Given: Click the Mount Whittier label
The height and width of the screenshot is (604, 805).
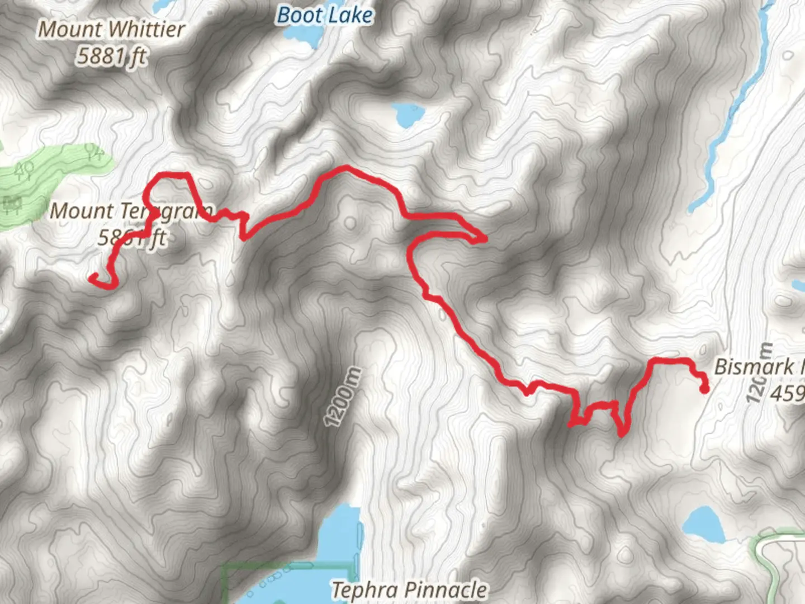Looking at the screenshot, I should [x=111, y=30].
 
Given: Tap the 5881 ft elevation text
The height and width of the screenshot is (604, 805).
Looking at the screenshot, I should [x=112, y=56].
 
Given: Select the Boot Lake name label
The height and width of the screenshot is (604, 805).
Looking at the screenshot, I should [x=325, y=15].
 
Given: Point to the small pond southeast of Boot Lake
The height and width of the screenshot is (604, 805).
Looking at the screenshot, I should [x=408, y=115].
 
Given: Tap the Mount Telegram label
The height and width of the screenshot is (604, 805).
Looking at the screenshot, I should [x=131, y=211].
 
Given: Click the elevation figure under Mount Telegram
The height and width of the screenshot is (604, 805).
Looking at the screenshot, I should [x=132, y=238].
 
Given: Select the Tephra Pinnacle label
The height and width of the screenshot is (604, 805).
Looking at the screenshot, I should [x=409, y=589].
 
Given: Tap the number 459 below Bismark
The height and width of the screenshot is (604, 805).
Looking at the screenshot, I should [x=787, y=394].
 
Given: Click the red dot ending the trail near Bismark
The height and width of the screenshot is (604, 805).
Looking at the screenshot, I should [x=704, y=389].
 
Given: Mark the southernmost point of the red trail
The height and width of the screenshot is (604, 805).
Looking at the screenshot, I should [x=622, y=433].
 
